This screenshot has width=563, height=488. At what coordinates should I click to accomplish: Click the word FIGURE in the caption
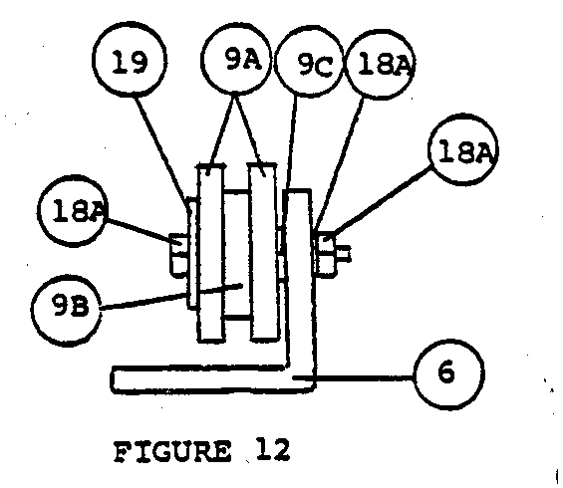coord(172,452)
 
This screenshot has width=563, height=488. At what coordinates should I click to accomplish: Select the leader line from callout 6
coord(354,376)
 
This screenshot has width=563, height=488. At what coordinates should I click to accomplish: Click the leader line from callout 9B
coord(171,297)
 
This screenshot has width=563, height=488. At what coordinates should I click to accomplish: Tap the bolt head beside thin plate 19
coord(178,255)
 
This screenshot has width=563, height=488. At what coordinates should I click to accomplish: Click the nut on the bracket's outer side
coord(325,256)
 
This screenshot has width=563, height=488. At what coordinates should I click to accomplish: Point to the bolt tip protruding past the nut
coord(343,254)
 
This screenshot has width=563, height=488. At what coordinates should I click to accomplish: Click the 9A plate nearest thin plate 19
coord(211,252)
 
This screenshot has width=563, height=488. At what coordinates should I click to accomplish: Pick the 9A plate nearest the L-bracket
coord(263,251)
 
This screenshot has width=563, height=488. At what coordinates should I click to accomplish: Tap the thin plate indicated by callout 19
coord(192,253)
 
